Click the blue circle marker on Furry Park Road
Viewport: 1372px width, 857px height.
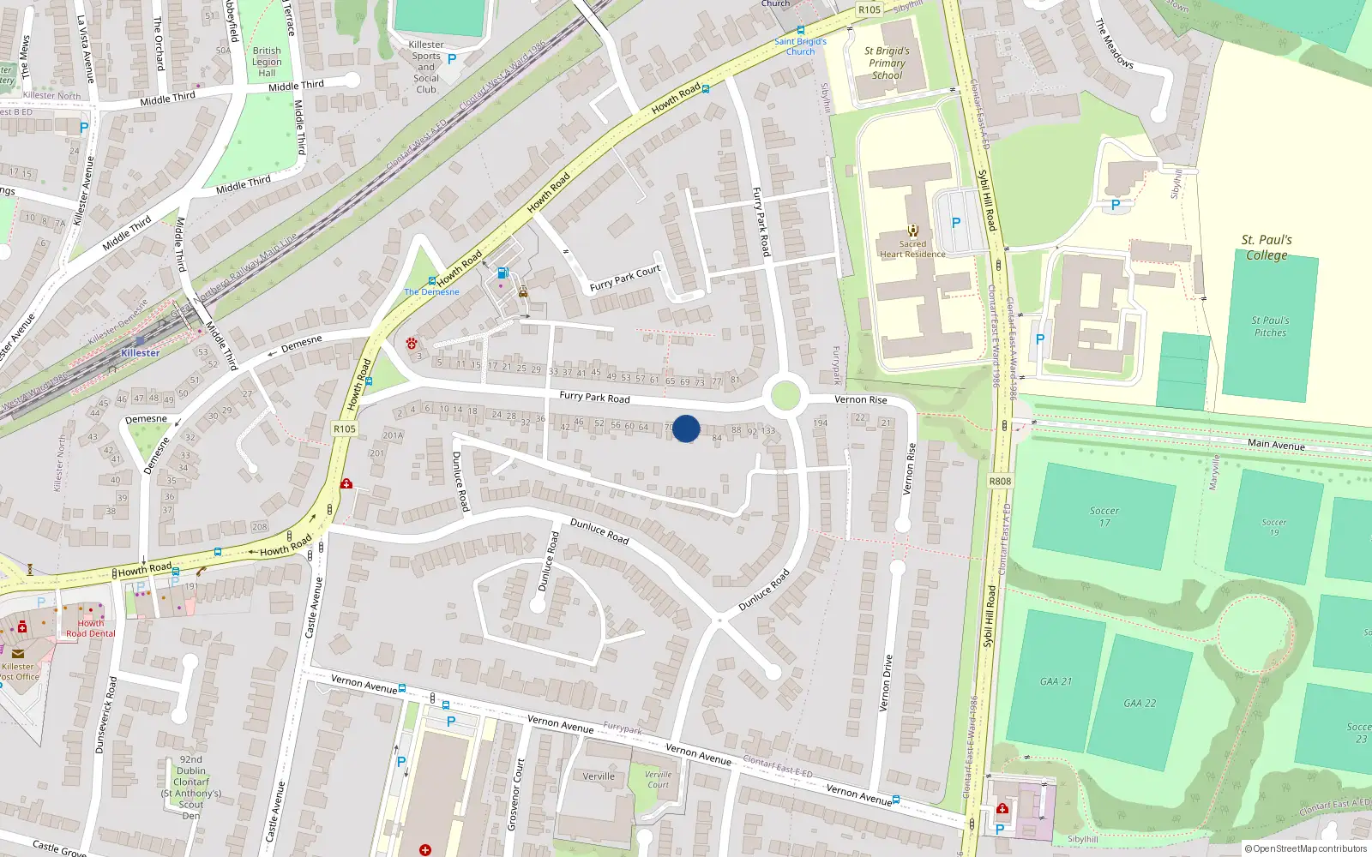click(x=686, y=428)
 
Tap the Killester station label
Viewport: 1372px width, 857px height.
click(x=140, y=353)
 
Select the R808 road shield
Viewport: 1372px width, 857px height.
click(x=1000, y=481)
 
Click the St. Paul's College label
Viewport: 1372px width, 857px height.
click(x=1267, y=247)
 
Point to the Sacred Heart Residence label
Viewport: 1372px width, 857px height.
click(x=912, y=249)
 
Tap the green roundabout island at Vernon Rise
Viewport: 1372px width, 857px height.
click(x=785, y=396)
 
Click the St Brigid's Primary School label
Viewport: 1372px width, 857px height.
click(x=887, y=63)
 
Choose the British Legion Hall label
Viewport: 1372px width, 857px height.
click(x=267, y=62)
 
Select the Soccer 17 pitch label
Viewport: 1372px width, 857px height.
click(x=1104, y=516)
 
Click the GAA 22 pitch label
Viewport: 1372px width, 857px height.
click(x=1140, y=703)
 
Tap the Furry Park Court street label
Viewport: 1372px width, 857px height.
click(x=625, y=278)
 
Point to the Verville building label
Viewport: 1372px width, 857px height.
click(x=599, y=776)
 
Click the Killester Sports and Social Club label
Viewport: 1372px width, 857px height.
click(x=426, y=67)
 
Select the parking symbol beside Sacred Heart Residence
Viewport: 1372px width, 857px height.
click(x=956, y=223)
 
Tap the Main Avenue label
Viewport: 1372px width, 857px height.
click(x=1276, y=444)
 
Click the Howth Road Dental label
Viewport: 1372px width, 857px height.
click(x=90, y=628)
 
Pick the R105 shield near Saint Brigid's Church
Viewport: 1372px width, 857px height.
click(x=870, y=9)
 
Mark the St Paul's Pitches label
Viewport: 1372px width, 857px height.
click(x=1270, y=327)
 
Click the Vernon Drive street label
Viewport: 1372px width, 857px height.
click(x=887, y=683)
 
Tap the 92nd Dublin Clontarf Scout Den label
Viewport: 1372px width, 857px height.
click(x=191, y=788)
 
